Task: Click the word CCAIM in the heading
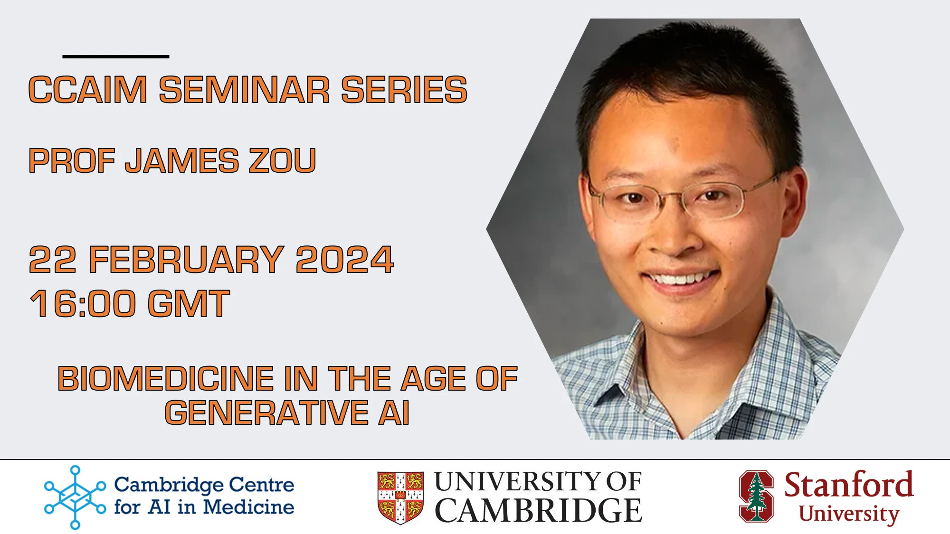pos(88,90)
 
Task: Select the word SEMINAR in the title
pos(244,90)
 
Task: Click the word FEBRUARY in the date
pos(186,260)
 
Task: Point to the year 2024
pos(344,260)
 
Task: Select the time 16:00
pos(83,304)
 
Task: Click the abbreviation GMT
pos(189,304)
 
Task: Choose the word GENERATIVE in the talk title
pos(267,412)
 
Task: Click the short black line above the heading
pos(115,56)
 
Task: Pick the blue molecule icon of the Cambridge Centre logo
pos(75,497)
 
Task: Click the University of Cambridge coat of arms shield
pos(400,497)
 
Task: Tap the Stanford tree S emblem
pos(756,496)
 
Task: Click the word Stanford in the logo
pos(848,485)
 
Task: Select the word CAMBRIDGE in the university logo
pos(538,511)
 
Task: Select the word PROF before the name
pos(72,161)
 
